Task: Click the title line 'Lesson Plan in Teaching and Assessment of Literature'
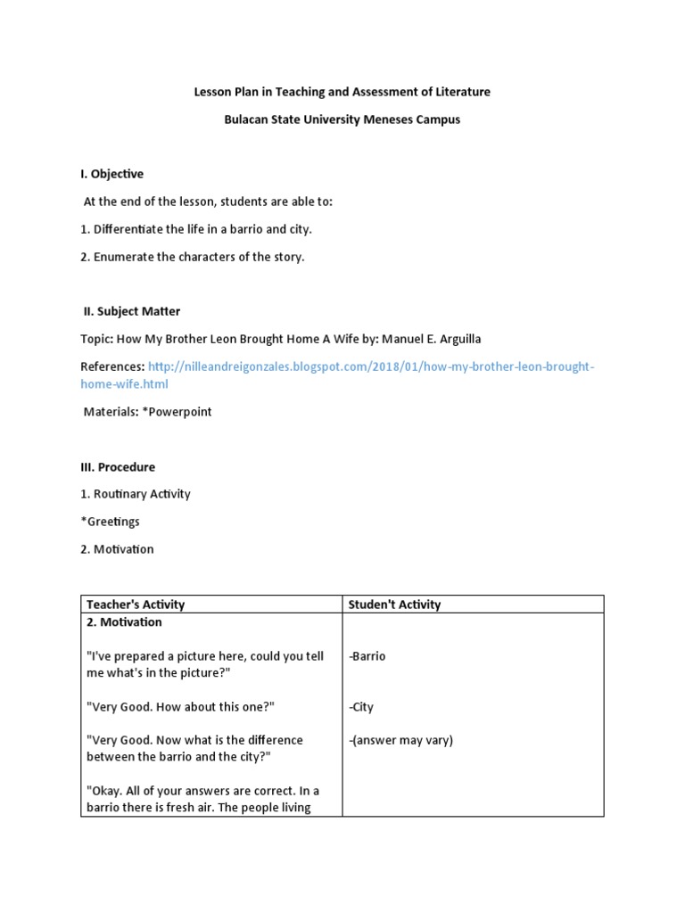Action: click(x=342, y=92)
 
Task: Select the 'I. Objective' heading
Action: click(x=111, y=174)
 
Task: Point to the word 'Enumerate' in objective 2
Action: click(x=125, y=257)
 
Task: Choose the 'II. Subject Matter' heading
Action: click(x=131, y=311)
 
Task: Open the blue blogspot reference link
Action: click(x=370, y=367)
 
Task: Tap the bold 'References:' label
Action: click(x=112, y=367)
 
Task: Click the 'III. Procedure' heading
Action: click(x=118, y=466)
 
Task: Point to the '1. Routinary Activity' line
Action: click(x=136, y=494)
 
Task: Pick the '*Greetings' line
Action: click(x=110, y=522)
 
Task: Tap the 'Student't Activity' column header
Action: click(x=394, y=605)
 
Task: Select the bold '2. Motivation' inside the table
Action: click(x=125, y=621)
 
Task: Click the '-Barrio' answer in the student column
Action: click(x=367, y=656)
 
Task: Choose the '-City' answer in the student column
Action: click(x=361, y=707)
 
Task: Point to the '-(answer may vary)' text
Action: click(x=400, y=740)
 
